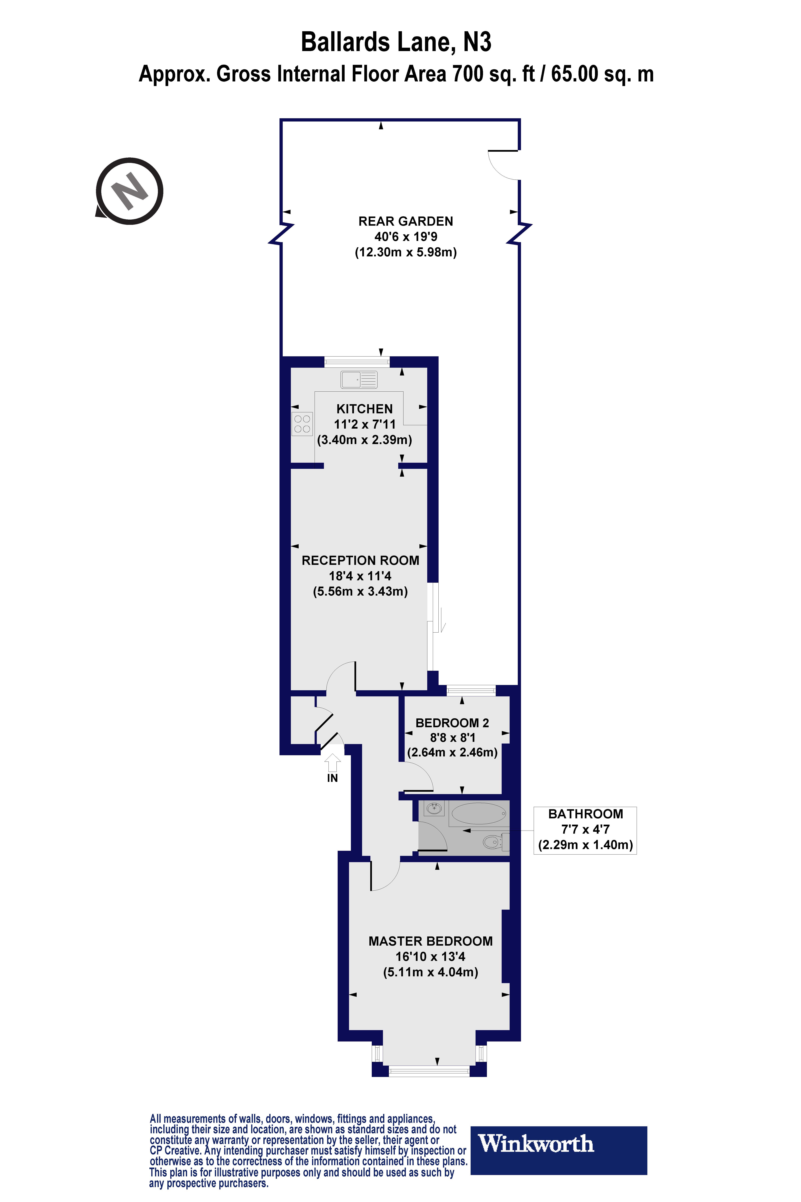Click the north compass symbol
point(130,191)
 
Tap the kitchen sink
point(359,380)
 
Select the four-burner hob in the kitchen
point(302,424)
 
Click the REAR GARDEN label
point(406,221)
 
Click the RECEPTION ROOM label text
point(360,561)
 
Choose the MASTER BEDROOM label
point(431,941)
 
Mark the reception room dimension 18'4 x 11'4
point(360,576)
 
